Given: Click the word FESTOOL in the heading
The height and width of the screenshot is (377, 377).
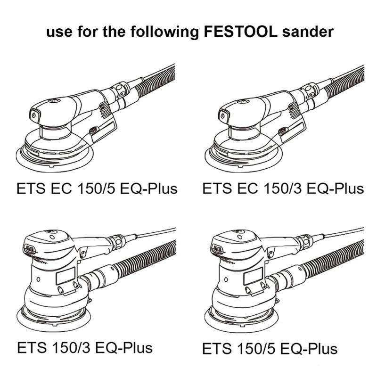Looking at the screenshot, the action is point(240,32).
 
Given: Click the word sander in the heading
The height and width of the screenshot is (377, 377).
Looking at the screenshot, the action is point(308,32).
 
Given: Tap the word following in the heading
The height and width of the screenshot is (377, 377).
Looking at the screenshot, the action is point(164,32).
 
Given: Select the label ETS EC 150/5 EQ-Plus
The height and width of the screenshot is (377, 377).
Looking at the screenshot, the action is point(97,188).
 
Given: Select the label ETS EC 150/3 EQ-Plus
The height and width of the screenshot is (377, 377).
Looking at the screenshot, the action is point(283,188).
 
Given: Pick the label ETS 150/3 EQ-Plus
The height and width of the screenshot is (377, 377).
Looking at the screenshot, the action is point(85,348).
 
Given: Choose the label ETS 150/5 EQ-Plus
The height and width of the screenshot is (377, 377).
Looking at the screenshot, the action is point(270,349).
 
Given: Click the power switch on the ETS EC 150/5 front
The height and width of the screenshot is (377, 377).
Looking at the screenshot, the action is point(34,115).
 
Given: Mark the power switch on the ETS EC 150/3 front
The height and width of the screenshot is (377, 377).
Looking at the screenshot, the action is point(223,115).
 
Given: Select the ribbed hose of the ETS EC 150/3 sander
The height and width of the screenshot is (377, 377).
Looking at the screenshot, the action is point(344,81).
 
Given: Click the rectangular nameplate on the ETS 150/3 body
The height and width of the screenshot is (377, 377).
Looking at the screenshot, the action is point(66,276).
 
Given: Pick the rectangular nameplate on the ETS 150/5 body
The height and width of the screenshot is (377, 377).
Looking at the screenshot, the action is point(253,276).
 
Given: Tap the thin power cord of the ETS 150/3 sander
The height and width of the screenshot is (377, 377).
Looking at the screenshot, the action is point(156,233).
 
